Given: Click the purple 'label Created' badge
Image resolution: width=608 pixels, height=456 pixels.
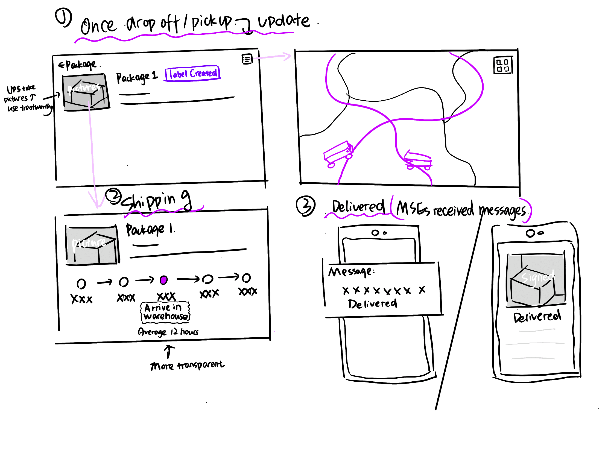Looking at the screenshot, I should [193, 73].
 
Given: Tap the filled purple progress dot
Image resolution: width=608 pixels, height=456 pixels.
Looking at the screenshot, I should [163, 280].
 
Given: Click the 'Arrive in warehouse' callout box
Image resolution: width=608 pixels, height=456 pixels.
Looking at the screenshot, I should [165, 312].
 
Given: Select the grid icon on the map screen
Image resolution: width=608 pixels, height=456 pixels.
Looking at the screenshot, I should [503, 65].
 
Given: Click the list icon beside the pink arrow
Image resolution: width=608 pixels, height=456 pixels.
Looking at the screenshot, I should [247, 59].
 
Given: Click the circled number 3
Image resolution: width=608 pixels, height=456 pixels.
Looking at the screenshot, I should [305, 206].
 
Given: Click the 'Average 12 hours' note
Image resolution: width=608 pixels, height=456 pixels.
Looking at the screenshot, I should [168, 332].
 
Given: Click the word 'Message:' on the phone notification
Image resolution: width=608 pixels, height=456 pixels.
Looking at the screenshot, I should [351, 272].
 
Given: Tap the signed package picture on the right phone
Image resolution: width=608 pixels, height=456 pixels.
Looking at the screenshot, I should [536, 280].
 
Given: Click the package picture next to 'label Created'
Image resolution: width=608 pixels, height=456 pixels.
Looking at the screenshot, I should [86, 92].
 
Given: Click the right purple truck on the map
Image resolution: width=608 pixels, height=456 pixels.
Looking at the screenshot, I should [418, 160].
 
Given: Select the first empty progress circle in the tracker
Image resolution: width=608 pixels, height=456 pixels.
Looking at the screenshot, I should [81, 284].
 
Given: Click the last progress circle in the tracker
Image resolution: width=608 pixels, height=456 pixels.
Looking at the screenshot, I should [246, 278].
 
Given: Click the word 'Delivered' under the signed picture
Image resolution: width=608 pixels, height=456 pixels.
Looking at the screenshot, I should [537, 316].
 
